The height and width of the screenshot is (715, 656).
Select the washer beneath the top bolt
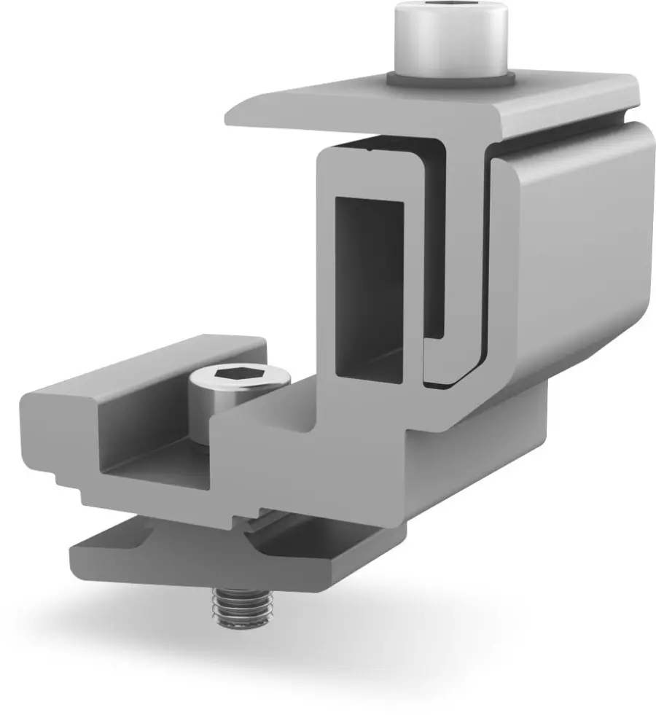pos(452,78)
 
